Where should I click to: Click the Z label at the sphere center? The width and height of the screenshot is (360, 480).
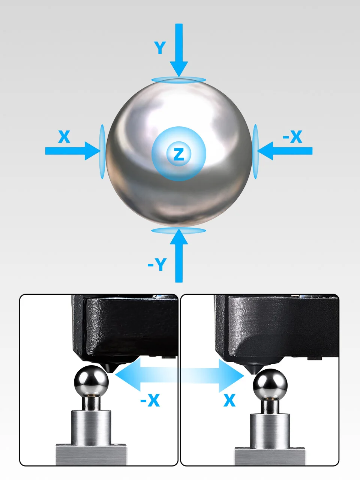coord(179,154)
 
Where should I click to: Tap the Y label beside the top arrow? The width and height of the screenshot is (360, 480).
coord(160,48)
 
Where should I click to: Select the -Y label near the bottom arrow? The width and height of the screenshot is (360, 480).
coord(157,264)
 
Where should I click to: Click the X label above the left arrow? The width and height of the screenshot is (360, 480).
coord(64,136)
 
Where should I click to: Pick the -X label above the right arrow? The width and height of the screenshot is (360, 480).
coord(292,136)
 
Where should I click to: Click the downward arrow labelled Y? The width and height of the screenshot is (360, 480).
coord(179,50)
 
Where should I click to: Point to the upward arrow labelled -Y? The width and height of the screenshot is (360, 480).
coord(179,256)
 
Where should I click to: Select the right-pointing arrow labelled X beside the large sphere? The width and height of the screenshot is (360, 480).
coord(73,151)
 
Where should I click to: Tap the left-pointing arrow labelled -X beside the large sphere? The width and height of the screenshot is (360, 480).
coord(285,151)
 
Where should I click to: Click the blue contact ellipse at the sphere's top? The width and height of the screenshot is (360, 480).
coord(179,80)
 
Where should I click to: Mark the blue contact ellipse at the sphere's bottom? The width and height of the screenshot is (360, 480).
coord(179,231)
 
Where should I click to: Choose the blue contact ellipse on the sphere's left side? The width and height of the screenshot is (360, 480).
coord(102,151)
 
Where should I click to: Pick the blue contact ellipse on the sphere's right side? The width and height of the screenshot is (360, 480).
coord(255,151)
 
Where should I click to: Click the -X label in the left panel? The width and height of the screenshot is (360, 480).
coord(150,400)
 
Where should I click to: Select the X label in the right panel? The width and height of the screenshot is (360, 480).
coord(229,400)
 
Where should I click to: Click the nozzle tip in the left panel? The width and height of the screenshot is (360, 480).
coord(112,371)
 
